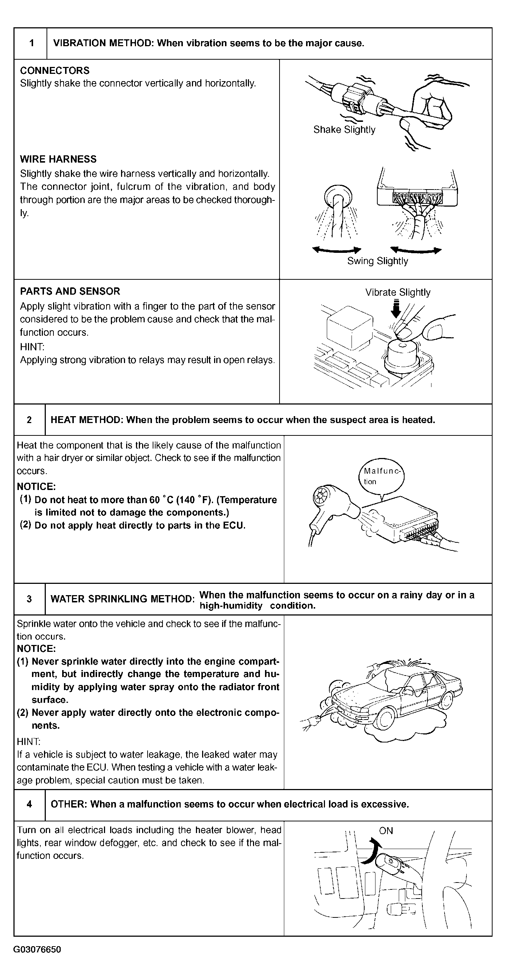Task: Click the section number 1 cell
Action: click(x=31, y=43)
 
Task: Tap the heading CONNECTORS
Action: click(x=55, y=70)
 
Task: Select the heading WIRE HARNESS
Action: click(x=58, y=159)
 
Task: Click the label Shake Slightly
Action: click(x=344, y=130)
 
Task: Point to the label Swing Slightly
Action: click(x=378, y=261)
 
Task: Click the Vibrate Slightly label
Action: click(x=398, y=292)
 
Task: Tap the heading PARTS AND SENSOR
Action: click(x=70, y=291)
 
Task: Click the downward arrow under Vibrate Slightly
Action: click(x=396, y=309)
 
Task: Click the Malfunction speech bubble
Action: click(x=381, y=476)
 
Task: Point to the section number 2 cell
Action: click(x=29, y=420)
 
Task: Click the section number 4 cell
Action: click(x=29, y=804)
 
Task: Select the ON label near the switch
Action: click(x=386, y=831)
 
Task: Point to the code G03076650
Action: click(x=37, y=949)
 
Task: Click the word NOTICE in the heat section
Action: click(x=36, y=487)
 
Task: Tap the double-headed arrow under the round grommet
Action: click(x=337, y=250)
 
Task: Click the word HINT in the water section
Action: click(x=28, y=741)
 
